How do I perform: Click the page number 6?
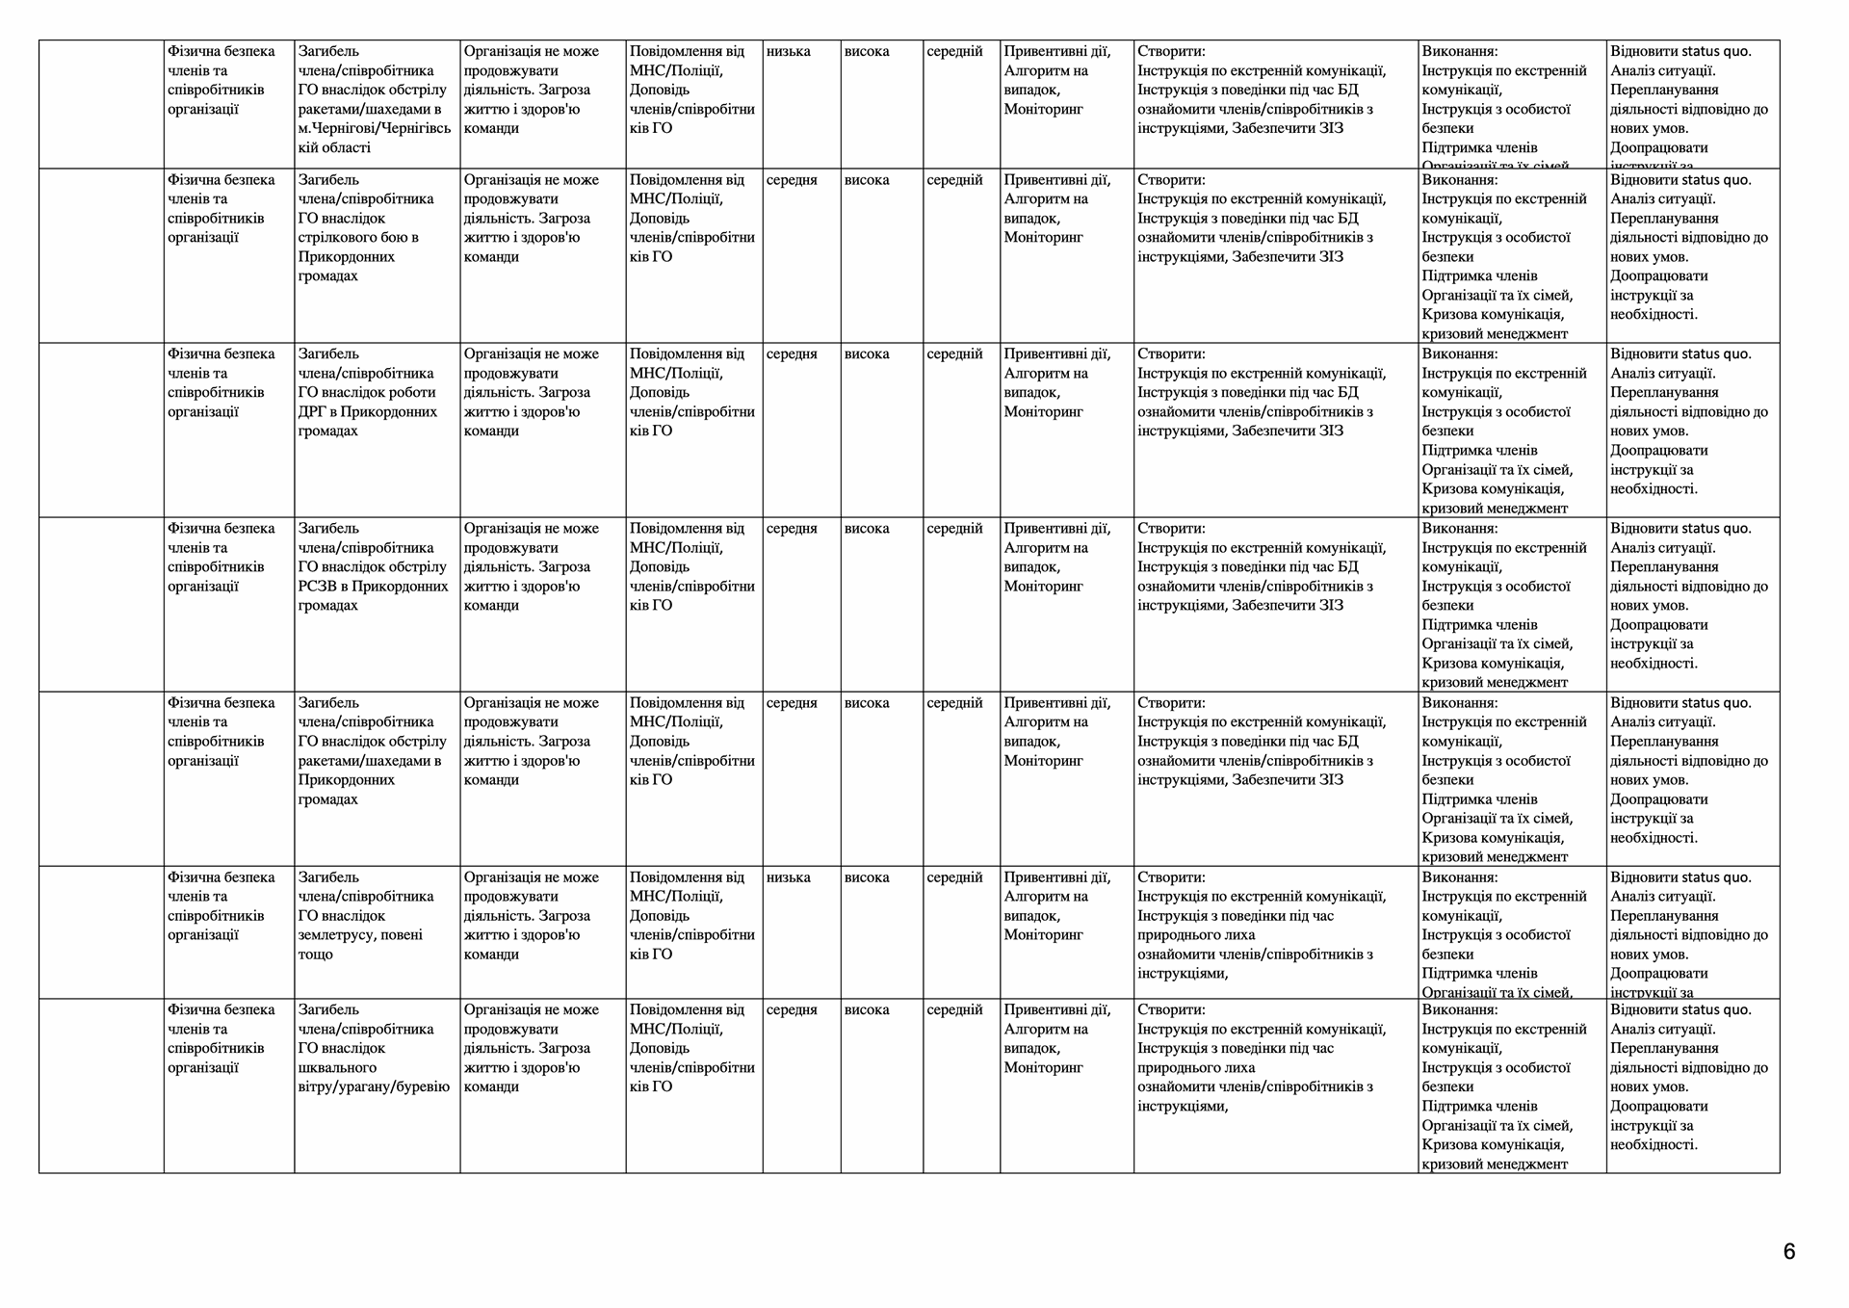click(1789, 1251)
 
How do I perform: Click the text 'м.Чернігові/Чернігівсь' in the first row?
click(375, 128)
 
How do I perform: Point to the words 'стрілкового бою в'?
click(358, 237)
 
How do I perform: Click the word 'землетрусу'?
click(344, 934)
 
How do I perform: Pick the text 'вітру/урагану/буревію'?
click(374, 1086)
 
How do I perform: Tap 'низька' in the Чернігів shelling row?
click(789, 51)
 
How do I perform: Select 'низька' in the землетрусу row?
click(789, 876)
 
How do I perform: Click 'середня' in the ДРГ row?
click(792, 353)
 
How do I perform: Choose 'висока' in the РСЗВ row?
click(867, 528)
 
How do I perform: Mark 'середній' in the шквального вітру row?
click(954, 1009)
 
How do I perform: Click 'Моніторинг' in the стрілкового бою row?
click(1044, 237)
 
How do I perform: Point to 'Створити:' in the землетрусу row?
click(1171, 876)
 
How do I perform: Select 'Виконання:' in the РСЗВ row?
click(1460, 528)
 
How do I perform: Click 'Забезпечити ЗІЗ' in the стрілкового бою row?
click(1288, 256)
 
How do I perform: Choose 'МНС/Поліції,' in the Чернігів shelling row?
click(676, 70)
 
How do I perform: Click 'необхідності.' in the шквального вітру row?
click(1654, 1144)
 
